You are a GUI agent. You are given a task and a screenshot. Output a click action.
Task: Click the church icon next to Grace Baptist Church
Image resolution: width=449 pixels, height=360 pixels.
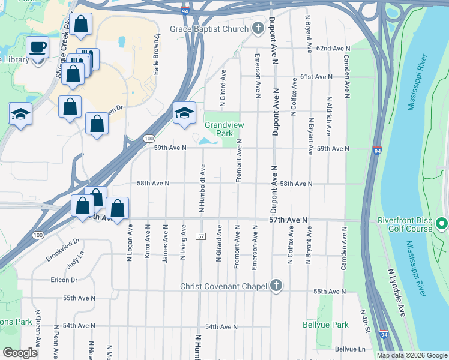(258, 29)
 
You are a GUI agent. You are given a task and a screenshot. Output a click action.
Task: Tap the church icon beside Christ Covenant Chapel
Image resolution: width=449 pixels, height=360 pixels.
(276, 286)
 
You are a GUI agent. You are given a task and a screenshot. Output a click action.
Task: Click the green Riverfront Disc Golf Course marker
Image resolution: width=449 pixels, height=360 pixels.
(442, 224)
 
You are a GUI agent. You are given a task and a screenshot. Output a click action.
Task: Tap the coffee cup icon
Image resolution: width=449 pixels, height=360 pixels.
(39, 47)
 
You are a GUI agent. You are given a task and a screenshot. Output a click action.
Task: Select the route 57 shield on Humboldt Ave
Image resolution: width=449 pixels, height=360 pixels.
(201, 236)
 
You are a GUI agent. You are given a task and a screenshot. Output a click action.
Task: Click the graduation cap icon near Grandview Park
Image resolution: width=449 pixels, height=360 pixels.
(184, 113)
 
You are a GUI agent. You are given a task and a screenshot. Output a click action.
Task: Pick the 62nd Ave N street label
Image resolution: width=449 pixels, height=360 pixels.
(333, 47)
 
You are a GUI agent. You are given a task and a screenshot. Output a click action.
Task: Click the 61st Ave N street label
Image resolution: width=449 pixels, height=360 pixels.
(316, 77)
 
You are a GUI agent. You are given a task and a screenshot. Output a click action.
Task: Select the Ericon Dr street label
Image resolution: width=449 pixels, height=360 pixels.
(64, 280)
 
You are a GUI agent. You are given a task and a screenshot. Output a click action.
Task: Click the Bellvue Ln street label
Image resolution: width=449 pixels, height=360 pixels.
(350, 349)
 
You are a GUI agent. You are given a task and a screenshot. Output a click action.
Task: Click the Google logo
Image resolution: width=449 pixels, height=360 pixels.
(20, 353)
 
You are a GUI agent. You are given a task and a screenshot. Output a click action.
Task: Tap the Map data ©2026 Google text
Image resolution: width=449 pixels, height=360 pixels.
(411, 355)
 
